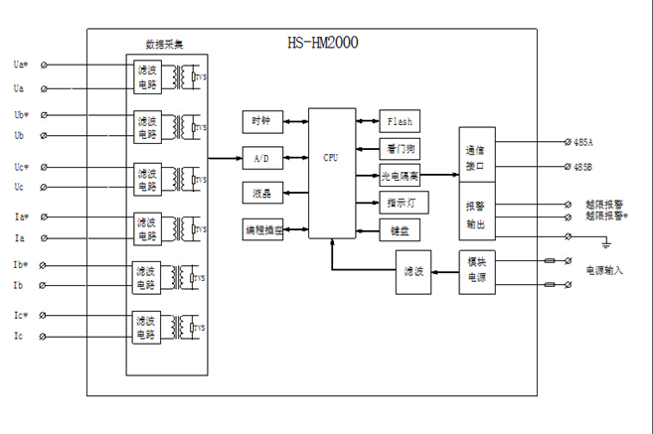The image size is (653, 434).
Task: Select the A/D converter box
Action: coord(262,158)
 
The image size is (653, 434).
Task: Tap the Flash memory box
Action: coord(399,121)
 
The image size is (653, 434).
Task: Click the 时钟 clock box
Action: coord(262,121)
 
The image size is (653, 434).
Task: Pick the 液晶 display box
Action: coord(262,193)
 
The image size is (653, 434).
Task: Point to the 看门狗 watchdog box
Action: coord(399,149)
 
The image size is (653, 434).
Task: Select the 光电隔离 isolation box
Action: coord(400,176)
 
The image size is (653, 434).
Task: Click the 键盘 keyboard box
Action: coord(399,229)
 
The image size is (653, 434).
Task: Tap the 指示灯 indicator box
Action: coord(399,204)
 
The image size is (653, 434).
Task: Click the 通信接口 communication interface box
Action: coord(475,159)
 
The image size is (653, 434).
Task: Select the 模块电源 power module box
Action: coord(475,271)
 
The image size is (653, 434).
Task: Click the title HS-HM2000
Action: coord(322,43)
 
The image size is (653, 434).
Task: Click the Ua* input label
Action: coord(21,65)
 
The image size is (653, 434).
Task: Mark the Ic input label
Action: coord(19,337)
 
